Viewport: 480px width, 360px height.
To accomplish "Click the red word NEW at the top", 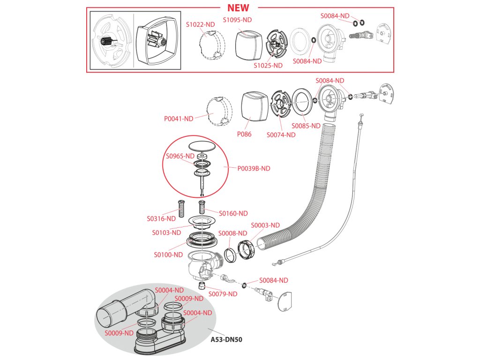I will click(238, 7).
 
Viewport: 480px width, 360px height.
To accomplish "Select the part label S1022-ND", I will click(200, 24).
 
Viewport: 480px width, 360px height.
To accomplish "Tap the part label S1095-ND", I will click(237, 20).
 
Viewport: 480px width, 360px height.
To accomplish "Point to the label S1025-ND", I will click(268, 66).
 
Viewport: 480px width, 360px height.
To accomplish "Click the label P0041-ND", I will click(179, 119).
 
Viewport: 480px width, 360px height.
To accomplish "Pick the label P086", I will click(244, 134).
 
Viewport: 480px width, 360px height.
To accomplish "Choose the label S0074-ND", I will click(281, 135).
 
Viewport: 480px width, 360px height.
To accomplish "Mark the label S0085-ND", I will click(306, 126).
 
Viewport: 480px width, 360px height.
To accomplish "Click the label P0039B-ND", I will click(254, 168).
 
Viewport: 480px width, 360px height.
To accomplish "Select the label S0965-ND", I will click(180, 156).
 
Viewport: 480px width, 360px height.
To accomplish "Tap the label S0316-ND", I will click(161, 218).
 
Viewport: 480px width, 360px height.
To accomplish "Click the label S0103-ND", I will click(166, 232).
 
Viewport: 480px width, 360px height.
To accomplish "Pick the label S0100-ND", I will click(168, 255).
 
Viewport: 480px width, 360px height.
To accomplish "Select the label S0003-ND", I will click(265, 225).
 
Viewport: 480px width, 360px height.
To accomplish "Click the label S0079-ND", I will click(223, 294).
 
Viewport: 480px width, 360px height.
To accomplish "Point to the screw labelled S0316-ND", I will click(181, 206).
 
